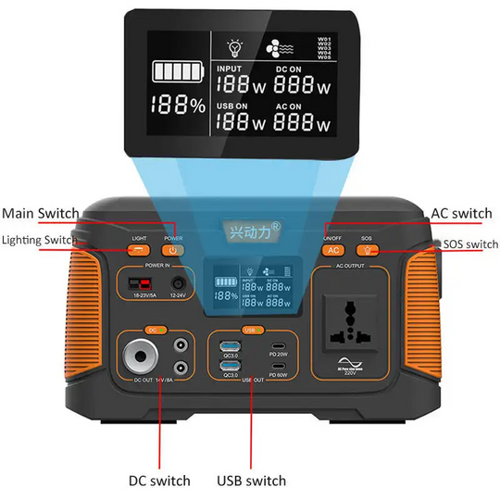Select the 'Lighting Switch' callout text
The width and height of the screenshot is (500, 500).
pyautogui.click(x=40, y=241)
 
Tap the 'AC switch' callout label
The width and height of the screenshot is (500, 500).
pyautogui.click(x=461, y=214)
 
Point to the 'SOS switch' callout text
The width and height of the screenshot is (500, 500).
pyautogui.click(x=469, y=244)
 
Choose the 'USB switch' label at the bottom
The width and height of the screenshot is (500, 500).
pyautogui.click(x=251, y=481)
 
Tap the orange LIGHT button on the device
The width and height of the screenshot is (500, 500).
pyautogui.click(x=140, y=249)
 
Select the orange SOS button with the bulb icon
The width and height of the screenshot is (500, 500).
pyautogui.click(x=368, y=249)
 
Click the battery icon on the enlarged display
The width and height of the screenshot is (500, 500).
pyautogui.click(x=181, y=73)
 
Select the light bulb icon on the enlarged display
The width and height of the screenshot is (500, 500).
pyautogui.click(x=236, y=46)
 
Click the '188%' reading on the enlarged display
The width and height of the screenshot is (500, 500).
pyautogui.click(x=181, y=106)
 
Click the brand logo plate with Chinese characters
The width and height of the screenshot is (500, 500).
pyautogui.click(x=249, y=226)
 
